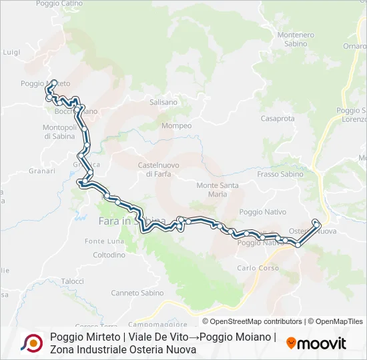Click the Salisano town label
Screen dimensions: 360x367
163,103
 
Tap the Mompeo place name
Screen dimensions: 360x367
177,126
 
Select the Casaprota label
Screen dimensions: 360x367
278,119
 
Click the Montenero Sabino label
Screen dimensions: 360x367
296,39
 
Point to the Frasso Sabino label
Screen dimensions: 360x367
280,174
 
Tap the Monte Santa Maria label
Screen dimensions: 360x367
218,189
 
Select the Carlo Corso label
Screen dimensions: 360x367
258,268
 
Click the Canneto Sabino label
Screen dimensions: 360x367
133,293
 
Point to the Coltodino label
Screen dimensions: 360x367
109,255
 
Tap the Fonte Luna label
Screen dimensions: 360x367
105,241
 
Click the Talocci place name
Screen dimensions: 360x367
72,282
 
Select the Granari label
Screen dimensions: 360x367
42,171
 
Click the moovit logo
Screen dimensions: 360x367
316,343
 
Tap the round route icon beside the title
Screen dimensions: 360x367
31,343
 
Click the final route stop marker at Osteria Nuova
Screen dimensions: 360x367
316,222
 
